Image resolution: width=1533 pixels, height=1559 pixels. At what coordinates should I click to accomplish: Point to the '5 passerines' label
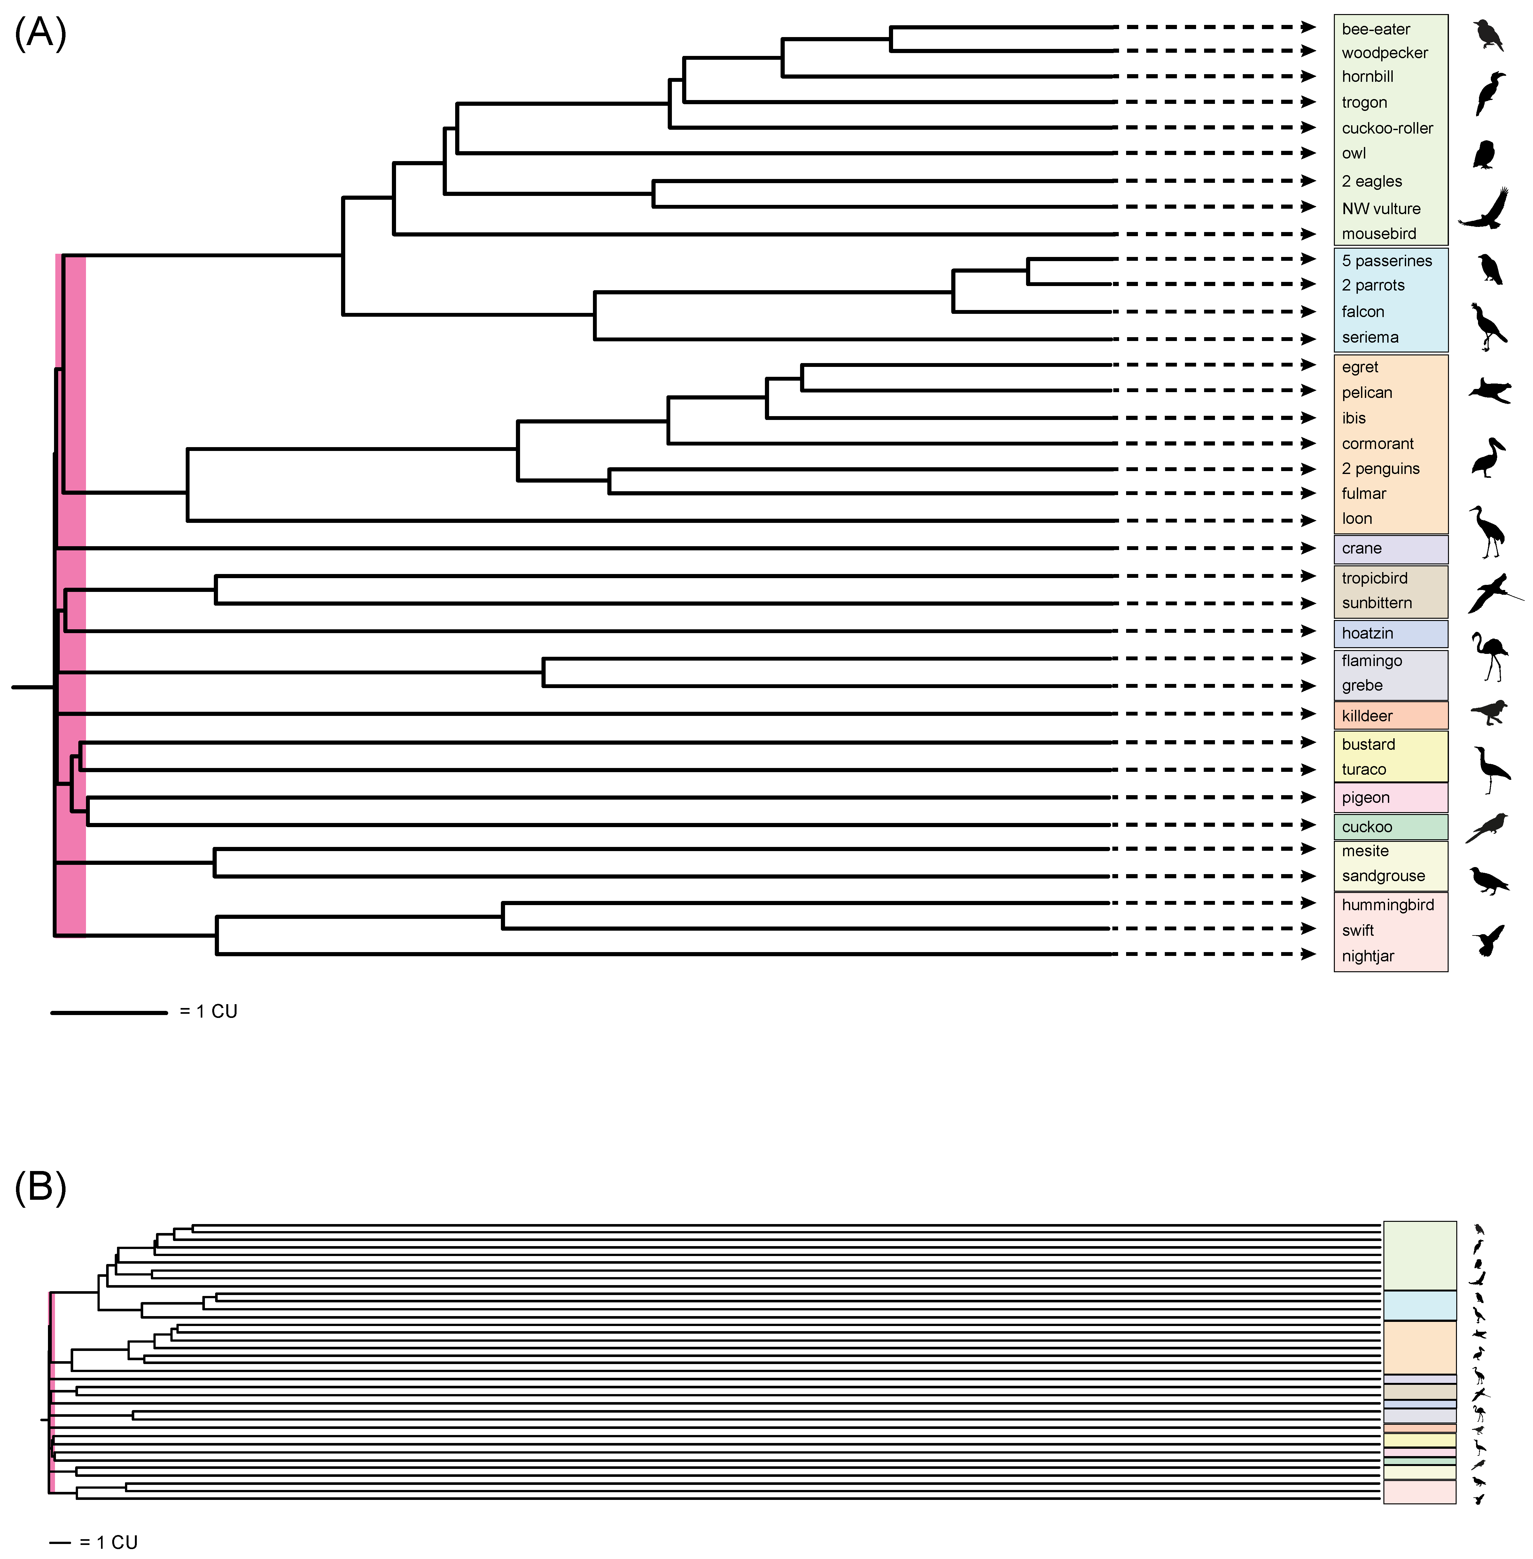[x=1387, y=261]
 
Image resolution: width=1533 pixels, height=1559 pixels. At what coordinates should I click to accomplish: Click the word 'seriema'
[x=1370, y=337]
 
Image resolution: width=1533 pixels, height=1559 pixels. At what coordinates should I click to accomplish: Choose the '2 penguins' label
[x=1380, y=469]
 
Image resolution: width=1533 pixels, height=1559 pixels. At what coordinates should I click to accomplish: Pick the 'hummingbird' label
[x=1387, y=905]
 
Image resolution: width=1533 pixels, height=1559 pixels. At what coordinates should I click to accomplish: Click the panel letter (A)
[x=40, y=34]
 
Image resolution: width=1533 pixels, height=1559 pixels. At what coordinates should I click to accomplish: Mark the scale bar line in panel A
[x=109, y=1012]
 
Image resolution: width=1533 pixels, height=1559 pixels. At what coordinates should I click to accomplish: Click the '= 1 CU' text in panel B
[x=109, y=1542]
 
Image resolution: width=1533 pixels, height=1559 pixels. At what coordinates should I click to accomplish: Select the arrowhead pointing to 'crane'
[x=1308, y=548]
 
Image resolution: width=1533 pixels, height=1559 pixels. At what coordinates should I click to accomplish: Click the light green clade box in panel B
[x=1420, y=1256]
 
